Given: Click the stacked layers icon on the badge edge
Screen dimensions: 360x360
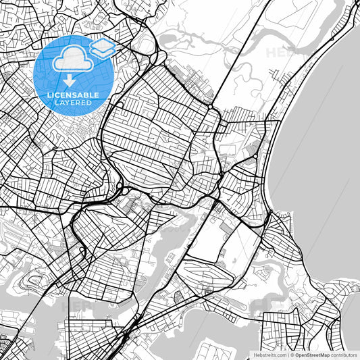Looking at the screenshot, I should click(x=102, y=47).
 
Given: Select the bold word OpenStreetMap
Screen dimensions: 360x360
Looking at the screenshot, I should click(x=313, y=354).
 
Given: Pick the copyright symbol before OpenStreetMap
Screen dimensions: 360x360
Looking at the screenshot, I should click(x=292, y=354).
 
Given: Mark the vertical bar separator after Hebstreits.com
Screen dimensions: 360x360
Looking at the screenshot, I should click(x=288, y=354).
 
